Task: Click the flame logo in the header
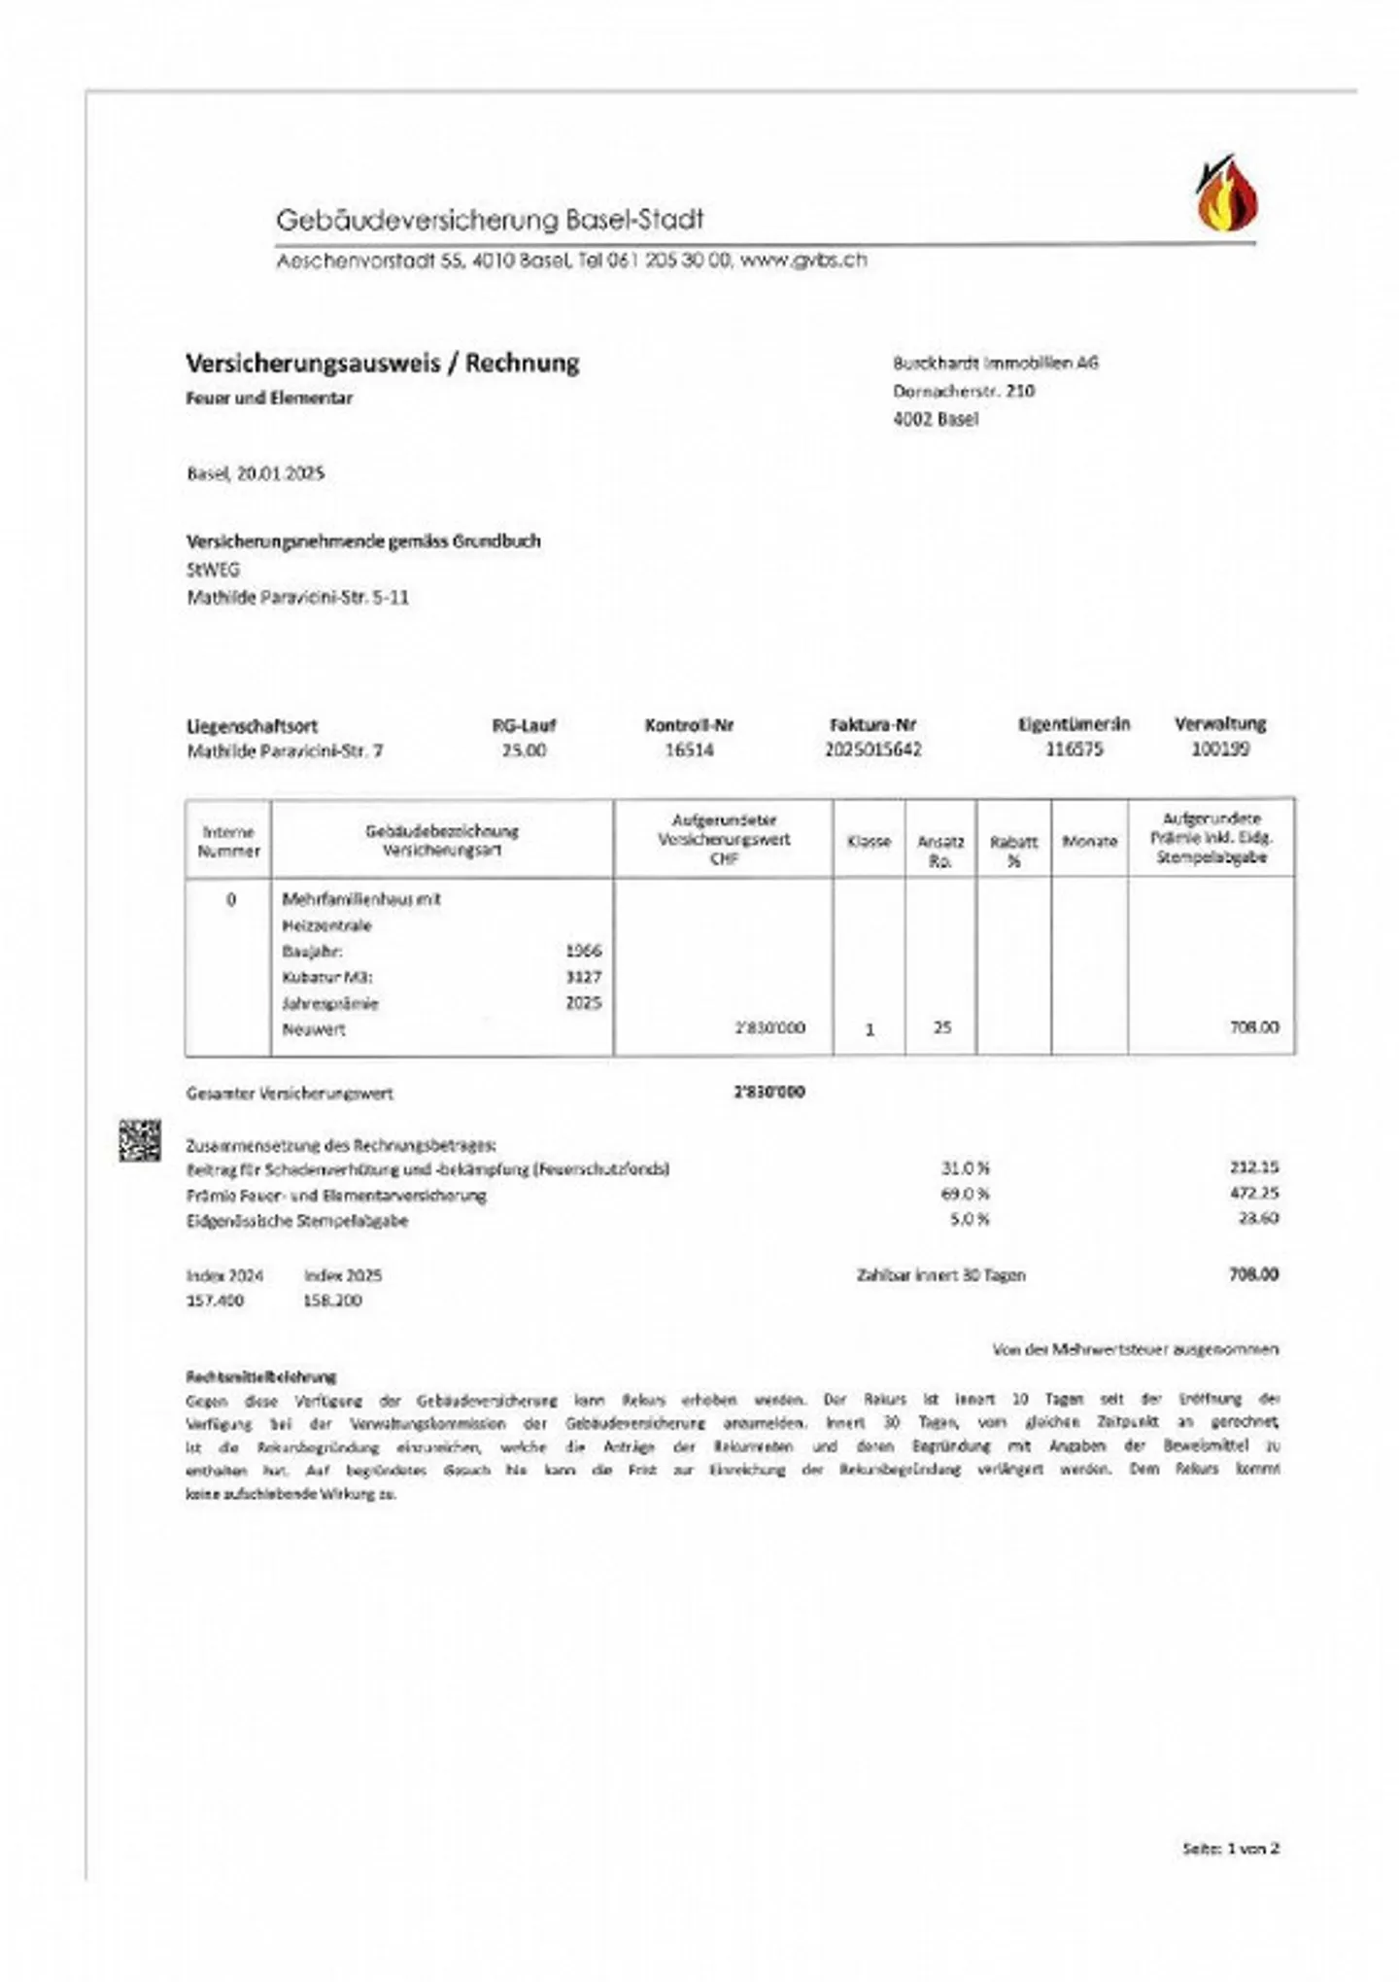pyautogui.click(x=1225, y=194)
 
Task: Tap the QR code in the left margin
pyautogui.click(x=140, y=1140)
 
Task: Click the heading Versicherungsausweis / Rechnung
pyautogui.click(x=382, y=364)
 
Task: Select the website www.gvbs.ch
pyautogui.click(x=802, y=261)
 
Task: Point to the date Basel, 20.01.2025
pyautogui.click(x=256, y=474)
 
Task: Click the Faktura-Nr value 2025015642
pyautogui.click(x=872, y=749)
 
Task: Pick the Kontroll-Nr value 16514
pyautogui.click(x=689, y=749)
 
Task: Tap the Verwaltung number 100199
pyautogui.click(x=1219, y=749)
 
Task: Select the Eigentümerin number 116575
pyautogui.click(x=1074, y=749)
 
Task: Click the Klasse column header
pyautogui.click(x=869, y=841)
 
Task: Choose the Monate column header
pyautogui.click(x=1089, y=841)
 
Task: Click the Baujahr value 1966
pyautogui.click(x=583, y=951)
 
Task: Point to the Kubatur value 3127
pyautogui.click(x=583, y=977)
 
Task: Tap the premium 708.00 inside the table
pyautogui.click(x=1253, y=1027)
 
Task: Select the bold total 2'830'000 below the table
pyautogui.click(x=769, y=1092)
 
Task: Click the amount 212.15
pyautogui.click(x=1253, y=1167)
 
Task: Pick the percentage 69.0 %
pyautogui.click(x=965, y=1194)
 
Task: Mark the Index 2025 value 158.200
pyautogui.click(x=332, y=1301)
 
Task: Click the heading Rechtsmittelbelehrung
pyautogui.click(x=260, y=1376)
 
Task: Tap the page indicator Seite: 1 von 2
pyautogui.click(x=1230, y=1848)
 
